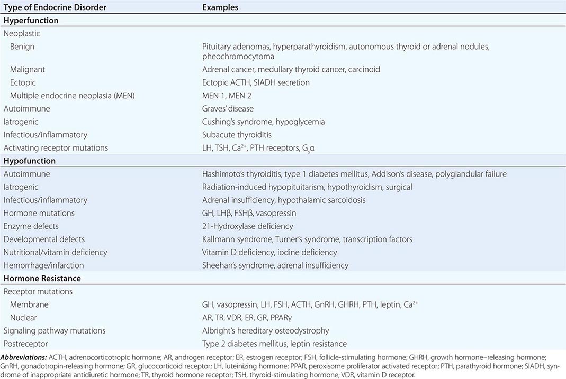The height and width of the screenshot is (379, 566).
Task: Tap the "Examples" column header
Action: (220, 7)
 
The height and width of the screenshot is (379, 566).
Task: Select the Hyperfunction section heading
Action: (31, 21)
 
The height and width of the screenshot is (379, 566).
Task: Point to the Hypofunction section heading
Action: (30, 161)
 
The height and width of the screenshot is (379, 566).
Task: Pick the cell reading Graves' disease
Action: (228, 108)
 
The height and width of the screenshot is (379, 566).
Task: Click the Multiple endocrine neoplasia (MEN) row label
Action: (68, 95)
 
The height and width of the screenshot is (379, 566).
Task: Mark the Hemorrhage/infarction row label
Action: (43, 265)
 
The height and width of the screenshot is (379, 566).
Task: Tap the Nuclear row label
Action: (23, 317)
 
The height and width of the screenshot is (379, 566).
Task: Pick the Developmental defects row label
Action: (44, 239)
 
